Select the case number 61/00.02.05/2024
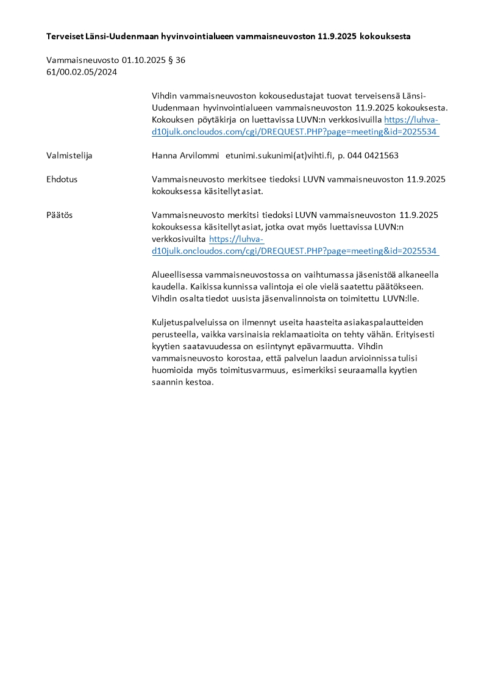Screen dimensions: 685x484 tap(82, 72)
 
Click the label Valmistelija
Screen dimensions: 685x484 tap(69, 156)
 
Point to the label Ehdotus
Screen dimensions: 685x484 tap(62, 179)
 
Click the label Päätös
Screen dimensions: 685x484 tap(60, 216)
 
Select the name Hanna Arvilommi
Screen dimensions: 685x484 tap(185, 156)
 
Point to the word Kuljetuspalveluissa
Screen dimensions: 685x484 tap(189, 322)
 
